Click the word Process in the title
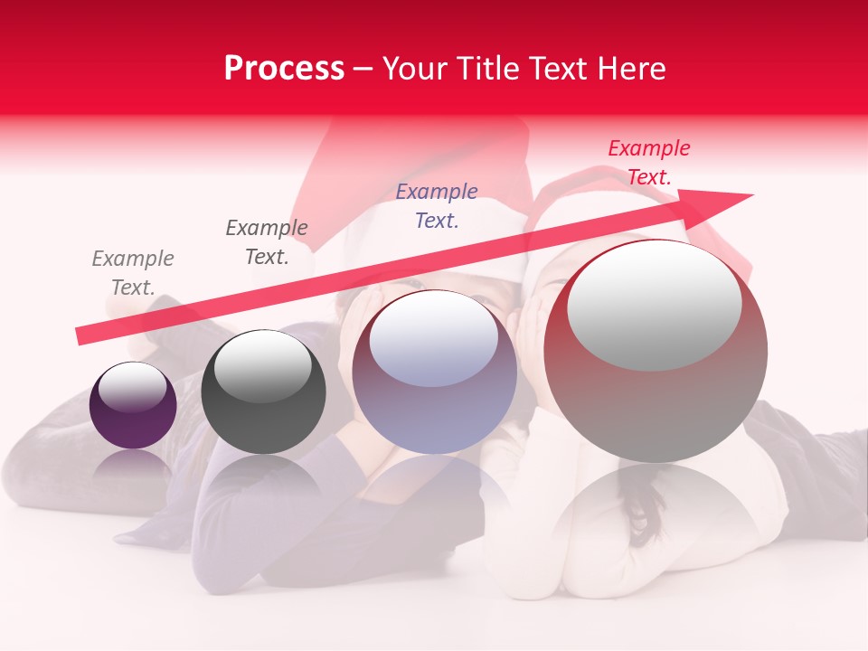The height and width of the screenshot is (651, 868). (284, 69)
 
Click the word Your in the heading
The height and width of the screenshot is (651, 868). (413, 69)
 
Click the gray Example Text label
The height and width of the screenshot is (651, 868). (133, 273)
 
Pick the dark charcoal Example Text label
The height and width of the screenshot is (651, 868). (267, 242)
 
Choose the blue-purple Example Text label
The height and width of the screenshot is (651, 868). (437, 205)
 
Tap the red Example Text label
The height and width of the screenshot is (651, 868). (649, 163)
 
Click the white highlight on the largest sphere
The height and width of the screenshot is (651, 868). (655, 306)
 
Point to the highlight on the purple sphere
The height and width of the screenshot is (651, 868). (132, 387)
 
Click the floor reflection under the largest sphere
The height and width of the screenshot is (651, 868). (656, 515)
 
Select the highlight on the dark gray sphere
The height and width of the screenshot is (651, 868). (262, 366)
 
